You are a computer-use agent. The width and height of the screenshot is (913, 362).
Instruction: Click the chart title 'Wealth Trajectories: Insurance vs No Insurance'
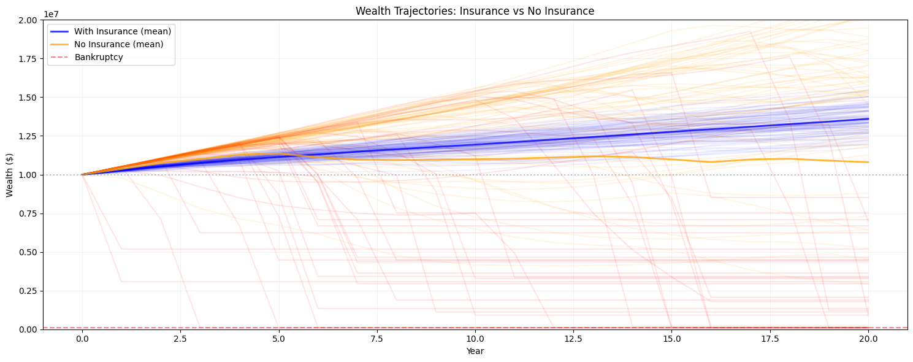475,11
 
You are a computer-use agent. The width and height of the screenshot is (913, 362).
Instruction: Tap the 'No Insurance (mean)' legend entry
118,44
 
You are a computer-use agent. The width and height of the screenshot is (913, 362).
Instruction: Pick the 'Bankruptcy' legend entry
99,57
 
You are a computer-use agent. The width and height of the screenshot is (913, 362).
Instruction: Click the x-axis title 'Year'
475,351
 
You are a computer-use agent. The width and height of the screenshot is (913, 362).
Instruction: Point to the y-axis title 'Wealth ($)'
10,175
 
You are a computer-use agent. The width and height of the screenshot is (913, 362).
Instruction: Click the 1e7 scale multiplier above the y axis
52,14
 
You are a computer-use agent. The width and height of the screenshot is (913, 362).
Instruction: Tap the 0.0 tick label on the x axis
82,339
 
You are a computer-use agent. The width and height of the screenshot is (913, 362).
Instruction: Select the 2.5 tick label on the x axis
180,339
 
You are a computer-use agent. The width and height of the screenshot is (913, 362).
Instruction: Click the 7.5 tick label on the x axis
377,339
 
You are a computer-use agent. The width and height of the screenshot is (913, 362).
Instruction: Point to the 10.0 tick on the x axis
475,339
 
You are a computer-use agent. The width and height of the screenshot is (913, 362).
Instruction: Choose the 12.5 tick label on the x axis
573,339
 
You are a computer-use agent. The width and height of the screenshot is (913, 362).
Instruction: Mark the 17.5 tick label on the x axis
770,339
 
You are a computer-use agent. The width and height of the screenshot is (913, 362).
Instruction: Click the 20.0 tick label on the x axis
868,339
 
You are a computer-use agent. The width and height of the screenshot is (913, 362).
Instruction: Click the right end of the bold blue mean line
868,119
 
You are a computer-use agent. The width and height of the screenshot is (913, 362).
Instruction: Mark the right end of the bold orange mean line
868,162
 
